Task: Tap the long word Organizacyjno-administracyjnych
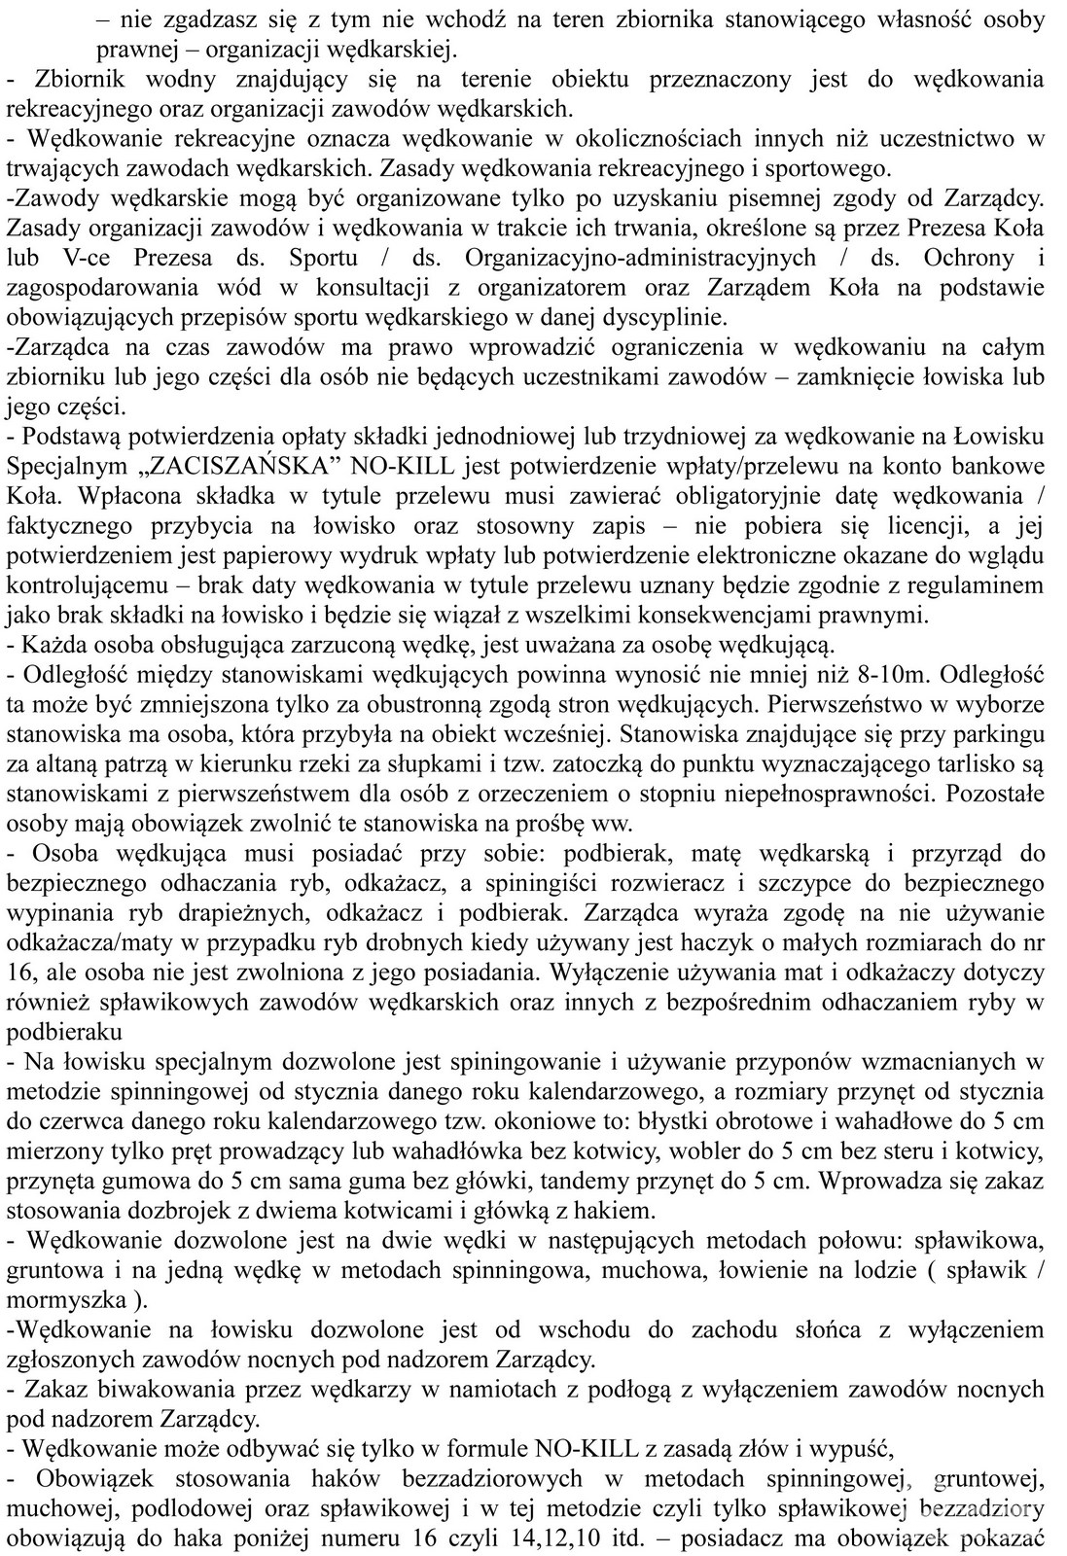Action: (641, 258)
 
